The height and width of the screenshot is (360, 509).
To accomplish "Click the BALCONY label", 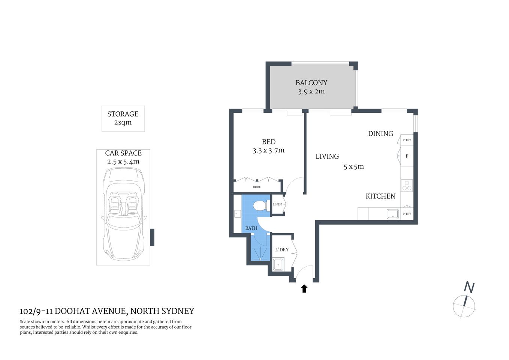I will [311, 83].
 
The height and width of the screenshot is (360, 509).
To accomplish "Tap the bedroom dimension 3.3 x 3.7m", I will [268, 151].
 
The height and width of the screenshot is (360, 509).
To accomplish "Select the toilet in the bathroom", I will [259, 206].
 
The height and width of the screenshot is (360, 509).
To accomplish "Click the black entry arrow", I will [304, 288].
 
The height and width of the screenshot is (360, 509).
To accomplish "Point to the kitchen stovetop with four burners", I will [407, 185].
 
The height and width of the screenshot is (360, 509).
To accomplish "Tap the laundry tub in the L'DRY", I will [278, 264].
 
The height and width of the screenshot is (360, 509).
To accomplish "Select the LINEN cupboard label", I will [277, 204].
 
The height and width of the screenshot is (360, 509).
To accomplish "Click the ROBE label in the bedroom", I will [257, 187].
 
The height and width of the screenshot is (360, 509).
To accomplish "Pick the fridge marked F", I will [407, 156].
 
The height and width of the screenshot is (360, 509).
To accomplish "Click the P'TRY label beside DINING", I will [407, 140].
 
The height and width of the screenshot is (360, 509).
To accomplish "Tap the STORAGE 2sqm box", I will [123, 118].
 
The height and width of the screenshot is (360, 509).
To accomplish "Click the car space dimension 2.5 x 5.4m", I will [123, 162].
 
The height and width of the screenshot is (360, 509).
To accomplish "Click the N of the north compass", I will [469, 287].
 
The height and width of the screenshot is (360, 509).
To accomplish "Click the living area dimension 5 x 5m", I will [353, 167].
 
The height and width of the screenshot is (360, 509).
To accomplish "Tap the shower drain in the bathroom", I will [260, 259].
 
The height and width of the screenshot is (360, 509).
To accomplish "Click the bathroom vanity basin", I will [237, 214].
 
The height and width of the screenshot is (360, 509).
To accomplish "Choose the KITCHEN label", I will [380, 196].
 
